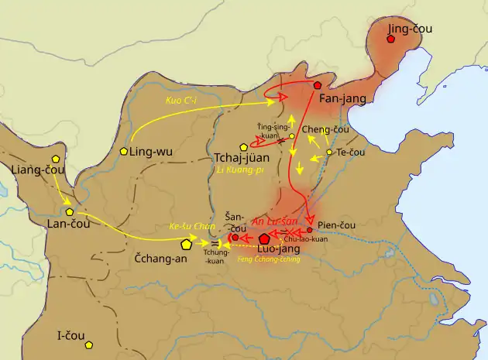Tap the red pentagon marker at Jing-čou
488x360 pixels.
(x=391, y=38)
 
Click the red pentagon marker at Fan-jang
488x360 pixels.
(x=318, y=84)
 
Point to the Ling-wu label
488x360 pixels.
(x=152, y=152)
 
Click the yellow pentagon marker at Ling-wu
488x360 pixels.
(x=123, y=151)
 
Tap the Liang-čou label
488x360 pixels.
(x=35, y=170)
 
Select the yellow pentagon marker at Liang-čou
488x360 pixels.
(x=55, y=158)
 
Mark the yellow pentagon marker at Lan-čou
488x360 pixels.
(x=70, y=211)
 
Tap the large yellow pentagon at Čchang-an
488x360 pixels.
(x=186, y=244)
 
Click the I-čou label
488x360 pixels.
(x=69, y=337)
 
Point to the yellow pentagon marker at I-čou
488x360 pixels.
(x=89, y=345)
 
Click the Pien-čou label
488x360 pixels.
(x=335, y=219)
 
